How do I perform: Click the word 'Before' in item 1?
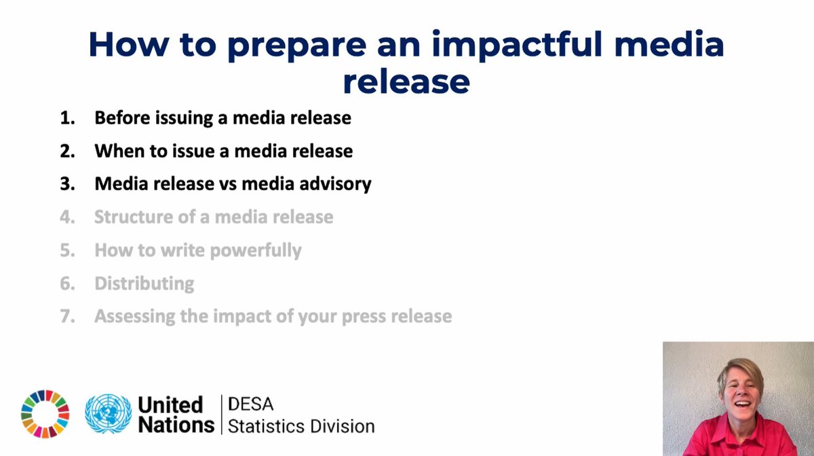(123, 118)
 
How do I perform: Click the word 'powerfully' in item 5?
(256, 250)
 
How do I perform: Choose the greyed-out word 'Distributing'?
(144, 283)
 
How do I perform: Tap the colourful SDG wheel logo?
(45, 414)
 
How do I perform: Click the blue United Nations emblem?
(109, 415)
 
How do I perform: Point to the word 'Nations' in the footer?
(176, 425)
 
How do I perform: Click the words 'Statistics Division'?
(301, 426)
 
